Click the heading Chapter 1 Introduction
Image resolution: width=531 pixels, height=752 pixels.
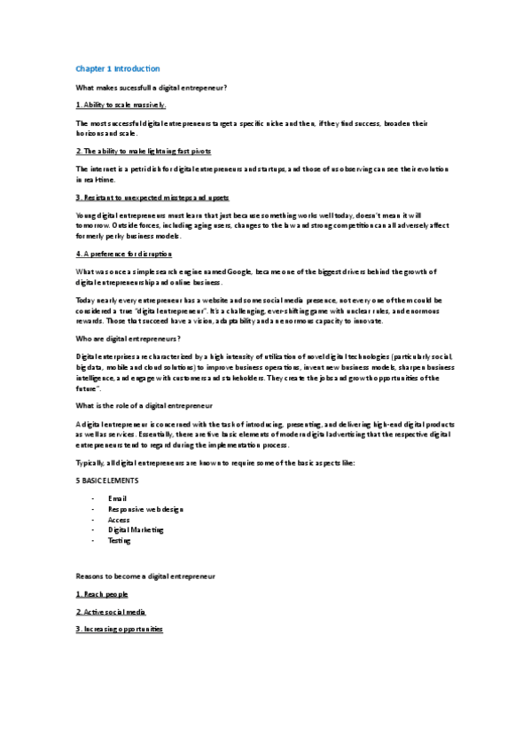pos(118,68)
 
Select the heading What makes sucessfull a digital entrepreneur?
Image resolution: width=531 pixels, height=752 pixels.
pos(152,87)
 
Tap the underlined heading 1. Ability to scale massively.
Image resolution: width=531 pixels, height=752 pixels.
pos(121,105)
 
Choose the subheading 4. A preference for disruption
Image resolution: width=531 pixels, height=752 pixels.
pos(124,254)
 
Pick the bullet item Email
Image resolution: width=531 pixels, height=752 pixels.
pos(117,498)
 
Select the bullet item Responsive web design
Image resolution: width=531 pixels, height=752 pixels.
pos(146,509)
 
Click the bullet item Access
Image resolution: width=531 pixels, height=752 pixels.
pos(119,520)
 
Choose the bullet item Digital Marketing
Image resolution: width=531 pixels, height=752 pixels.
pos(137,530)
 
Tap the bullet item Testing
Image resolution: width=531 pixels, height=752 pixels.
pos(119,540)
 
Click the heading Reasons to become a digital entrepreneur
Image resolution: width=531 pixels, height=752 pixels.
pos(146,576)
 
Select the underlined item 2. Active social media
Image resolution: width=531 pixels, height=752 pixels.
pos(111,611)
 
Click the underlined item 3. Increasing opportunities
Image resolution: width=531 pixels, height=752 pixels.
pos(120,629)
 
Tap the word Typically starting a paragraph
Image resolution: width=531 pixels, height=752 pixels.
pos(93,463)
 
